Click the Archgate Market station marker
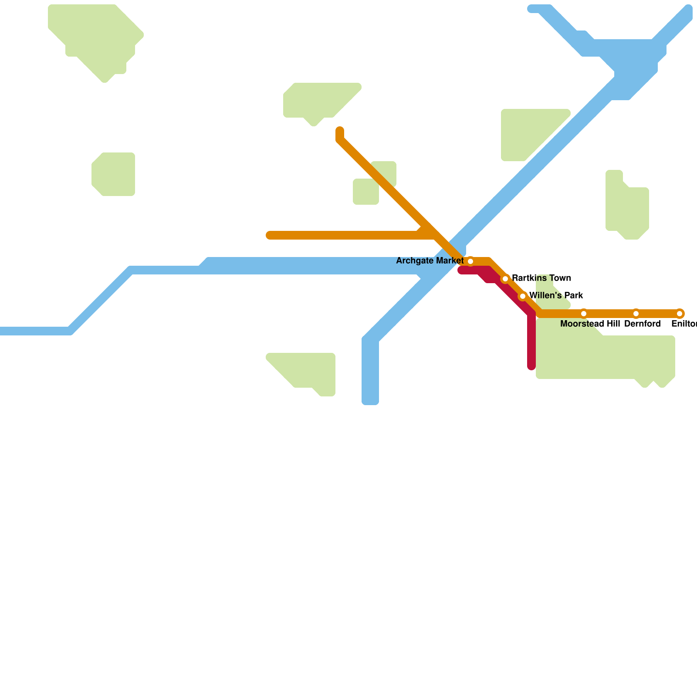[x=470, y=261]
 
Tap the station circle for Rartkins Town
[x=505, y=279]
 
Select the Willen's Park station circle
[x=523, y=296]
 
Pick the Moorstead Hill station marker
[x=584, y=314]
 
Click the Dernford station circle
[x=636, y=314]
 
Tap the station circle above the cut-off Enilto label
[x=680, y=314]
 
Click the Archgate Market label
[x=430, y=261]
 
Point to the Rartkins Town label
[x=541, y=278]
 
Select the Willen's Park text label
[x=556, y=296]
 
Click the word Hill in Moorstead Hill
[x=610, y=324]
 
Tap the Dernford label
[x=642, y=324]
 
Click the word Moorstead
[x=579, y=324]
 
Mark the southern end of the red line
[x=531, y=367]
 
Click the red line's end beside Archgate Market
[x=461, y=271]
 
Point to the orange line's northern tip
[x=340, y=130]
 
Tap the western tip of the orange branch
[x=269, y=235]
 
